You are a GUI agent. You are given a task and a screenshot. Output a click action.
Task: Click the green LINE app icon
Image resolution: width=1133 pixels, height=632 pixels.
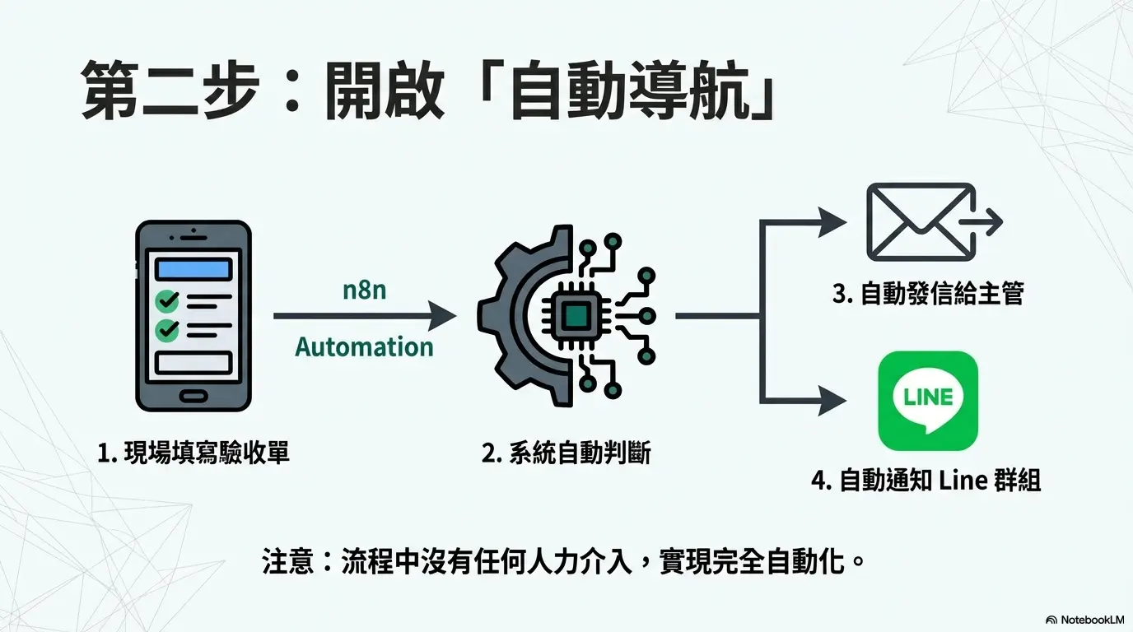click(928, 400)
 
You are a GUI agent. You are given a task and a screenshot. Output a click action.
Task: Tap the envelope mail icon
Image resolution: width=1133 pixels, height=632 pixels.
click(921, 221)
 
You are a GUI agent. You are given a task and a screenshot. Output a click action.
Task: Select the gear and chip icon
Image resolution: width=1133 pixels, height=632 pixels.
click(567, 315)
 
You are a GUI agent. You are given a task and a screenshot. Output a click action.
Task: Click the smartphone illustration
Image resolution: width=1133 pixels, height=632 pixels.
click(193, 315)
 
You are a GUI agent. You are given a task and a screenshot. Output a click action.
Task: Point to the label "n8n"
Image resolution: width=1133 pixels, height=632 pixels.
click(364, 290)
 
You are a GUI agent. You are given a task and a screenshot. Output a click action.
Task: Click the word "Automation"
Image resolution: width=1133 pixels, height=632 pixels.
click(364, 346)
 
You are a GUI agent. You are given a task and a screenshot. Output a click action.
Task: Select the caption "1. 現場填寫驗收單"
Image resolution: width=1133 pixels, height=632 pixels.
click(193, 452)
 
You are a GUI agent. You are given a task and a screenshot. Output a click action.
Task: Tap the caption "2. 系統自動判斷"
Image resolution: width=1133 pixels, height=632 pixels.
click(566, 452)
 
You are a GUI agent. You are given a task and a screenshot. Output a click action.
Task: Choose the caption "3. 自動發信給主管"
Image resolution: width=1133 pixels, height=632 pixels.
click(928, 294)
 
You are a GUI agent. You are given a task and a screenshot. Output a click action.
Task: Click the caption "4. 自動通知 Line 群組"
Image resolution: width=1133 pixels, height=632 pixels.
click(926, 480)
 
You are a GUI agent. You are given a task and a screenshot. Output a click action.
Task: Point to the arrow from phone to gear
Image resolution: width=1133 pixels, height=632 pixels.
click(362, 315)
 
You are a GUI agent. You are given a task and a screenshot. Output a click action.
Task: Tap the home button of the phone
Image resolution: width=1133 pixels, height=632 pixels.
click(193, 396)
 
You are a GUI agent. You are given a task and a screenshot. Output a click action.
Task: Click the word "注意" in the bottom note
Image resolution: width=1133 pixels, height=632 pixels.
click(288, 562)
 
